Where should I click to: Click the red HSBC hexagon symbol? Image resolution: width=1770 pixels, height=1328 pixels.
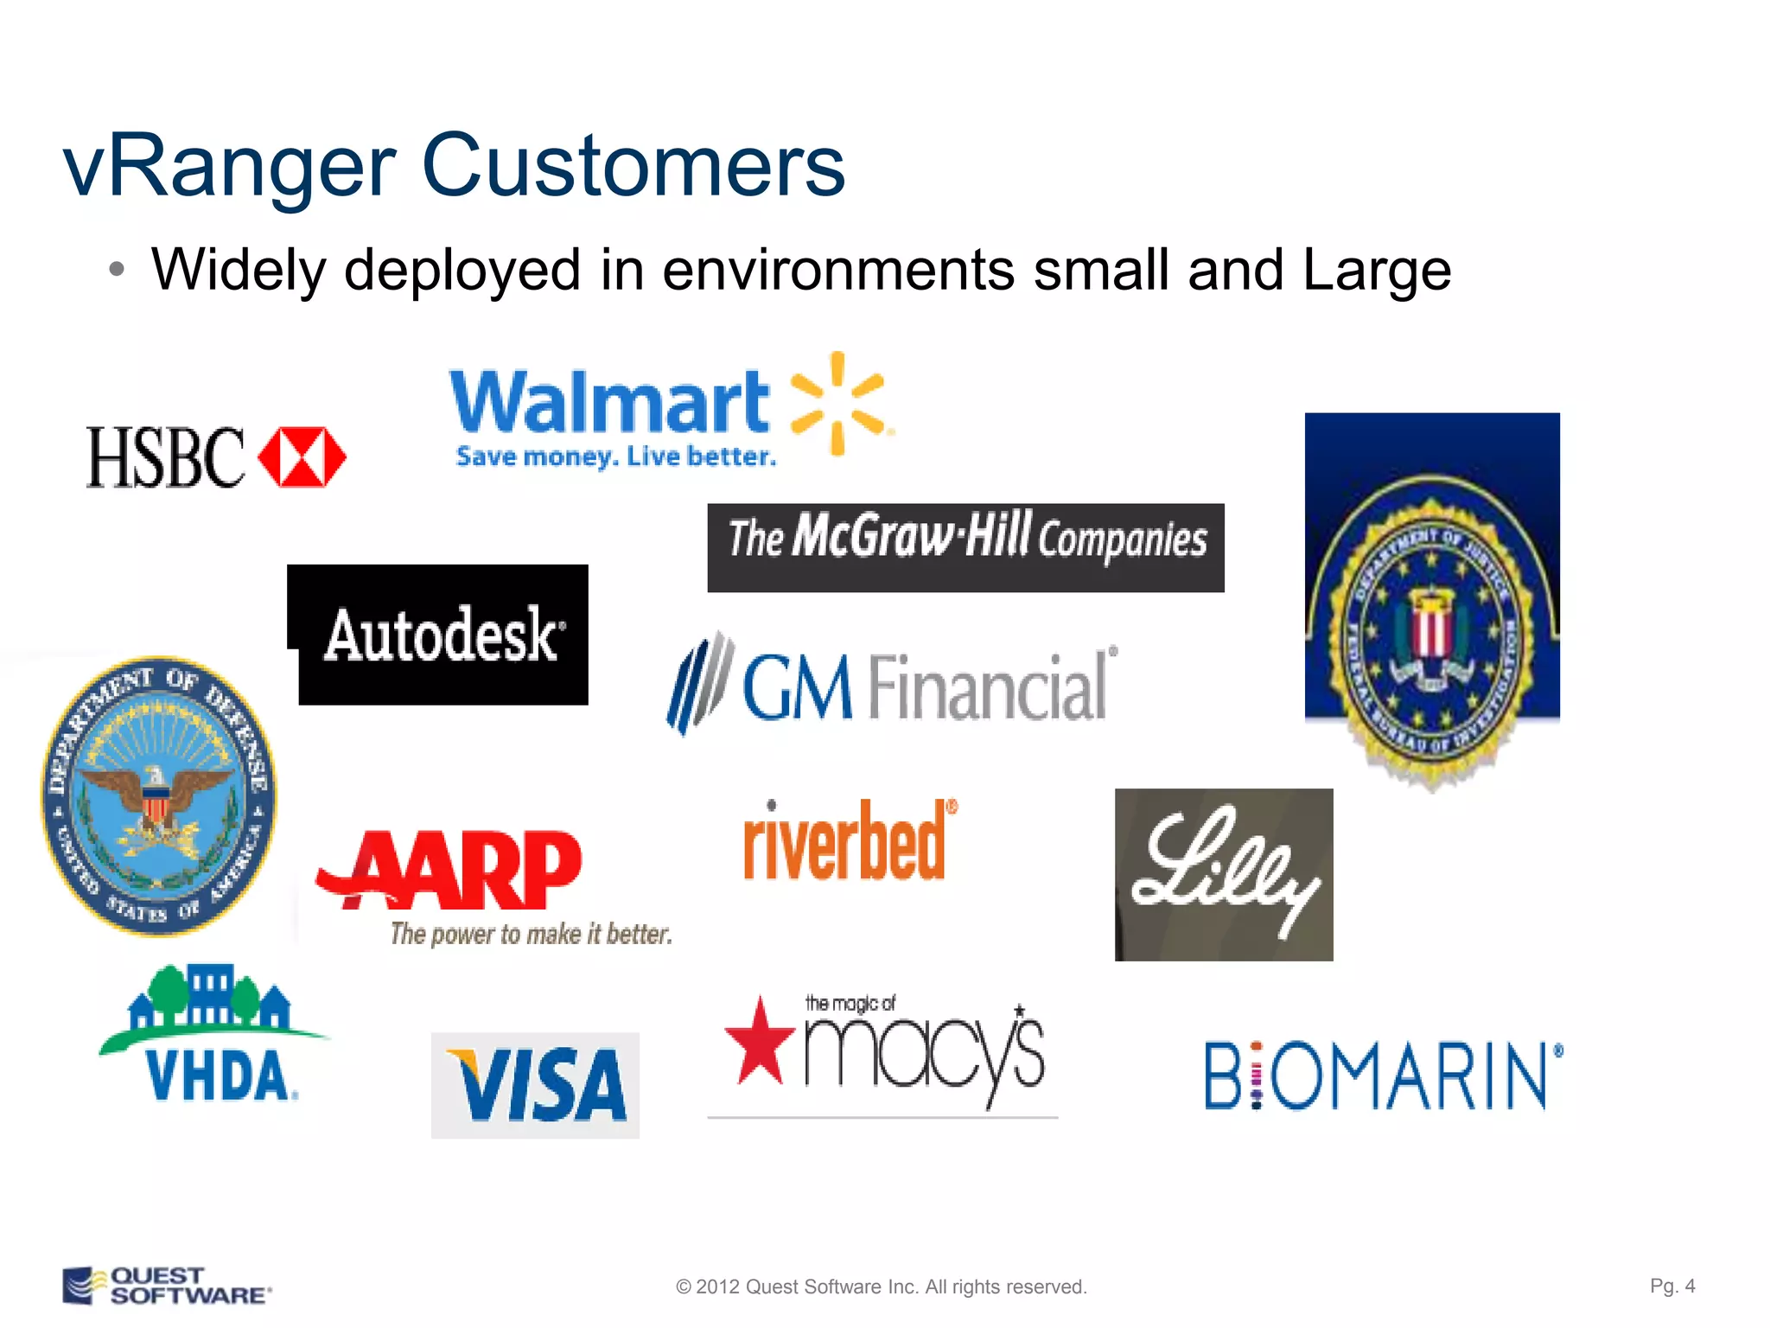pos(302,456)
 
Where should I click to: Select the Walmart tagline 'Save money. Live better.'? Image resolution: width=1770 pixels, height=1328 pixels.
pos(615,456)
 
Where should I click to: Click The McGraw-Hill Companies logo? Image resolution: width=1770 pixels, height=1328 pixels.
pos(965,547)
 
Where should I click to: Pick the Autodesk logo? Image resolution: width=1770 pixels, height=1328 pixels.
pos(441,635)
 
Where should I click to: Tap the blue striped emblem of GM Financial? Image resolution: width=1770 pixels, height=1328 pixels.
pos(698,683)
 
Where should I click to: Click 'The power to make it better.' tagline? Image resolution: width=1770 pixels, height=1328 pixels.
pos(531,934)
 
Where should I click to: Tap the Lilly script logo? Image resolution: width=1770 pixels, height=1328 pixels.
pos(1224,873)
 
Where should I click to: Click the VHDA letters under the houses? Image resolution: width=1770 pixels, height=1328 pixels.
pos(220,1076)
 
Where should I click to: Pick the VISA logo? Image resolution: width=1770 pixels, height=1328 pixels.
pos(536,1085)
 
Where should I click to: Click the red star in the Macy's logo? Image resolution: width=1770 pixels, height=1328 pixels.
pos(759,1043)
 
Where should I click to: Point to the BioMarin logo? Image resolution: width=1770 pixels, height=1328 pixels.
pos(1383,1076)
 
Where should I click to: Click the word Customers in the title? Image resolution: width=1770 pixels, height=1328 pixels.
pos(633,166)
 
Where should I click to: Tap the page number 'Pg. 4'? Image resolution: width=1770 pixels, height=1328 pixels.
pos(1672,1286)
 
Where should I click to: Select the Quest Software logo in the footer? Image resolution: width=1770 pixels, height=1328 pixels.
pos(166,1286)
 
